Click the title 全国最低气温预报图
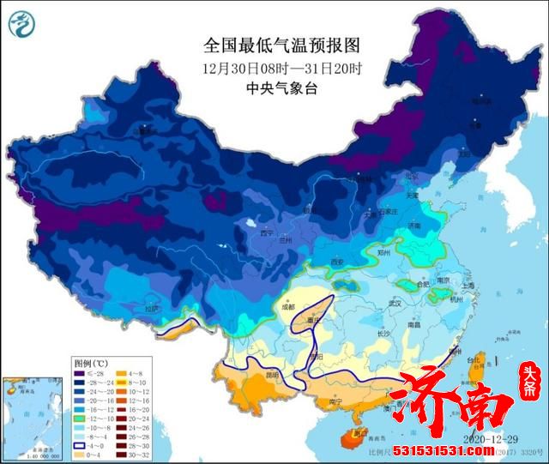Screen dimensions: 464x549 pyautogui.click(x=268, y=43)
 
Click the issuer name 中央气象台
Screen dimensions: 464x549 pyautogui.click(x=268, y=87)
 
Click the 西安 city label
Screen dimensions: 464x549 pyautogui.click(x=335, y=262)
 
